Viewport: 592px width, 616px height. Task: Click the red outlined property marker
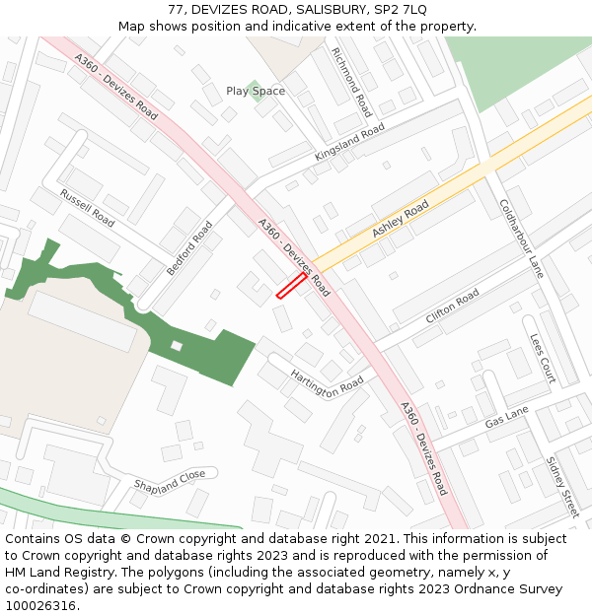point(290,285)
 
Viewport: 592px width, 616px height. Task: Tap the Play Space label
point(255,92)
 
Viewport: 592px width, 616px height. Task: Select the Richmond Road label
point(352,83)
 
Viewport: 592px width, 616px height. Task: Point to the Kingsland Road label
point(349,144)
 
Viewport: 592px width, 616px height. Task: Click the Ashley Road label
point(401,219)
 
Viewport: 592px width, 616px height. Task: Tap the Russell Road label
point(87,208)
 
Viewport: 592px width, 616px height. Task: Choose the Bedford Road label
point(189,248)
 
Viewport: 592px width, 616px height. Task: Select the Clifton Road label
point(452,308)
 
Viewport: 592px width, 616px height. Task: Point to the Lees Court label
point(543,357)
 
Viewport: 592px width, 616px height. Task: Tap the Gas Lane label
point(506,417)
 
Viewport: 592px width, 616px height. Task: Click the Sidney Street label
point(561,486)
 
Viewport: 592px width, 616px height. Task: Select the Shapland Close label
point(170,481)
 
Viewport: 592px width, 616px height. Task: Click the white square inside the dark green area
point(177,345)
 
